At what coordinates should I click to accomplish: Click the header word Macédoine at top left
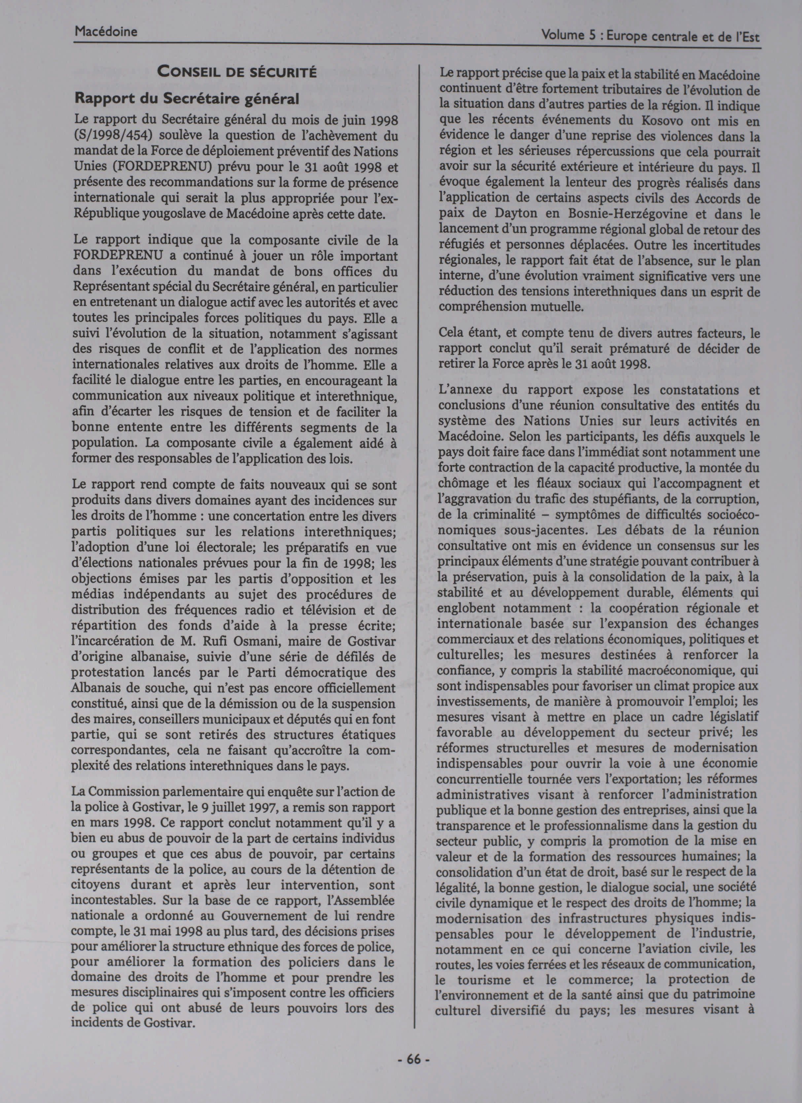(x=106, y=32)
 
